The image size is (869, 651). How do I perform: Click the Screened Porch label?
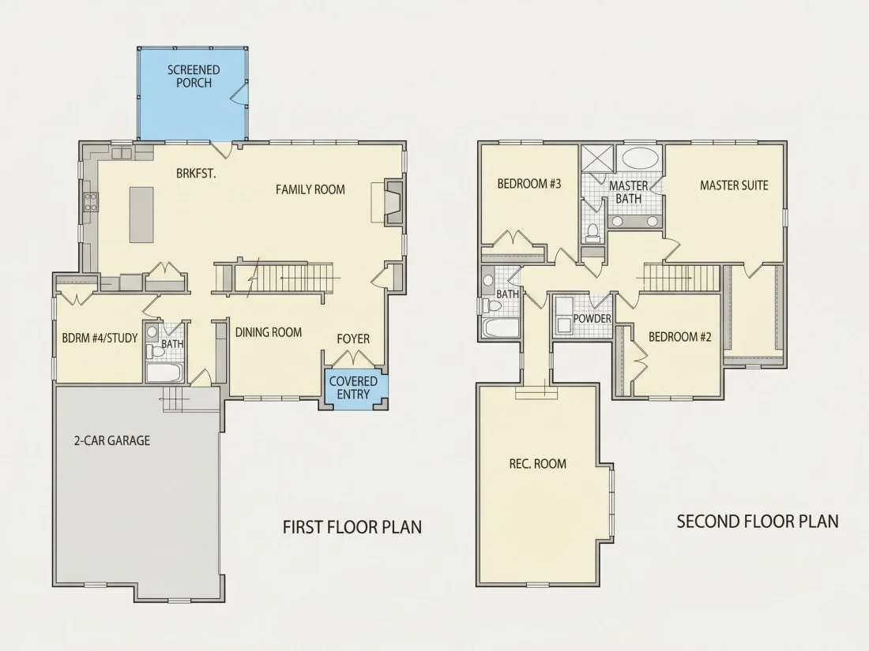194,77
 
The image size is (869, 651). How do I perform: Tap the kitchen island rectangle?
141,215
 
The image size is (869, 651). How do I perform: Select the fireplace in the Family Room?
393,202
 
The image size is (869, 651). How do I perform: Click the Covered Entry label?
353,387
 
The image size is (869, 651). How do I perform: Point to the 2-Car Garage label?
112,440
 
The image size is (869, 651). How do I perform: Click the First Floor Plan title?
352,527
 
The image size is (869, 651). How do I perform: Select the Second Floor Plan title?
758,522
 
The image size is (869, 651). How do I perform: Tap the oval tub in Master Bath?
641,159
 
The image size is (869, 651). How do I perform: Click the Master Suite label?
734,185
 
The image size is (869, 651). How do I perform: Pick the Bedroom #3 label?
529,184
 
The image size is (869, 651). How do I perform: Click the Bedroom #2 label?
680,337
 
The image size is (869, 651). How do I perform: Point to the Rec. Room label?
537,463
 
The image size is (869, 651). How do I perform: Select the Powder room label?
592,319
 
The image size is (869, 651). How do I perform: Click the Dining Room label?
269,332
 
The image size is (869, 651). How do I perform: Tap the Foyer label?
353,339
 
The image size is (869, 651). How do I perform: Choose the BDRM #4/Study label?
100,338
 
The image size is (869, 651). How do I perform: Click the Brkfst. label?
196,174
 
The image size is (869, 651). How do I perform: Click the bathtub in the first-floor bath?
164,372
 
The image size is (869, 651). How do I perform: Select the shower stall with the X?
597,159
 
